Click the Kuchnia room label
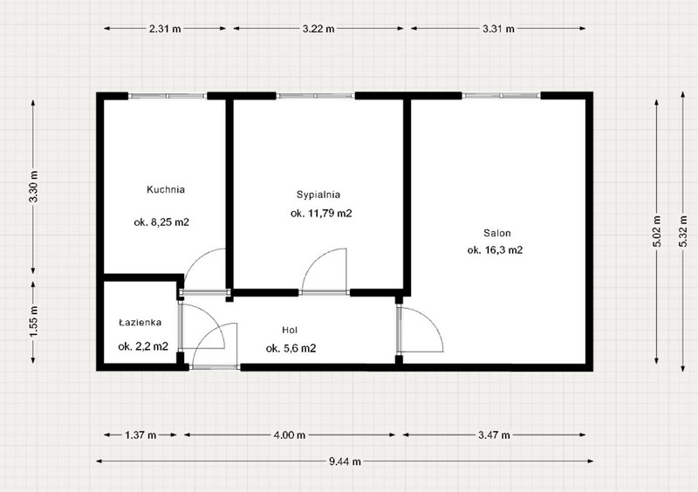point(166,189)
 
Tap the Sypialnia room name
point(318,195)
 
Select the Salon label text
point(497,233)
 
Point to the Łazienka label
point(140,323)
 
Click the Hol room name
point(290,330)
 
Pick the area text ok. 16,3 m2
point(495,250)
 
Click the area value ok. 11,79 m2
point(321,214)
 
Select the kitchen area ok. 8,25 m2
point(161,222)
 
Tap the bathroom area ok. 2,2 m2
point(143,346)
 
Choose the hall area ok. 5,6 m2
point(291,349)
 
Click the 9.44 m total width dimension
point(345,461)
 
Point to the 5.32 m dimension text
point(683,230)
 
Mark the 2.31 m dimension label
point(165,29)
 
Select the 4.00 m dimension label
point(290,435)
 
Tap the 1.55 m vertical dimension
point(34,321)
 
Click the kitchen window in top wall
point(168,96)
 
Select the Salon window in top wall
point(501,95)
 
